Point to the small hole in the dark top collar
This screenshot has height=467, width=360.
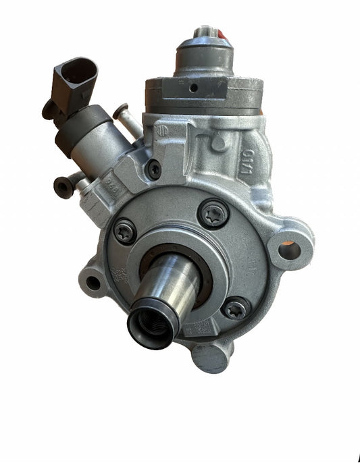[193, 88]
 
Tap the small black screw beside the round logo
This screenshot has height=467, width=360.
[155, 169]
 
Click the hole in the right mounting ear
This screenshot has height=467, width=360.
[288, 251]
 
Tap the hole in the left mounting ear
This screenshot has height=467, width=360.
[93, 283]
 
